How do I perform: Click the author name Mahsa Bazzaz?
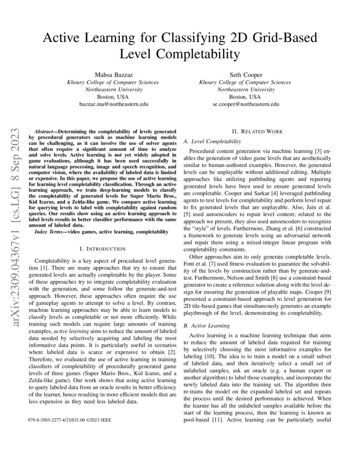click(113, 75)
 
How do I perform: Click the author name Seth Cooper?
click(246, 75)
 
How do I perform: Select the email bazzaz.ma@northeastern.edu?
click(113, 104)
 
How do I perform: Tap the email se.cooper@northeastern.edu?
click(246, 104)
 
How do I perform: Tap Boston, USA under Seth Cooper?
click(246, 97)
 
